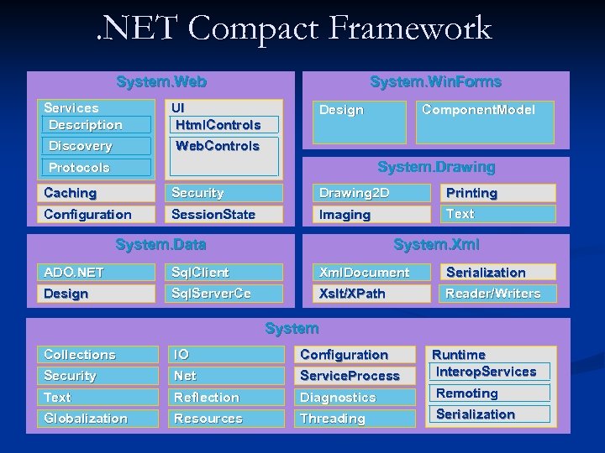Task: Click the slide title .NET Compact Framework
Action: click(x=292, y=29)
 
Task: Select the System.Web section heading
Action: click(x=161, y=82)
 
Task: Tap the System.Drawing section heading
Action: click(x=436, y=167)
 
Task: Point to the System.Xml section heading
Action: click(x=436, y=245)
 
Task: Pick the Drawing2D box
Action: click(x=371, y=193)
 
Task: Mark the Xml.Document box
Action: click(x=371, y=273)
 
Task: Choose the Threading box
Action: click(x=356, y=419)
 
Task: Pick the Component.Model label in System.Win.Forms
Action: click(x=478, y=110)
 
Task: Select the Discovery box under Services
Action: click(x=97, y=146)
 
